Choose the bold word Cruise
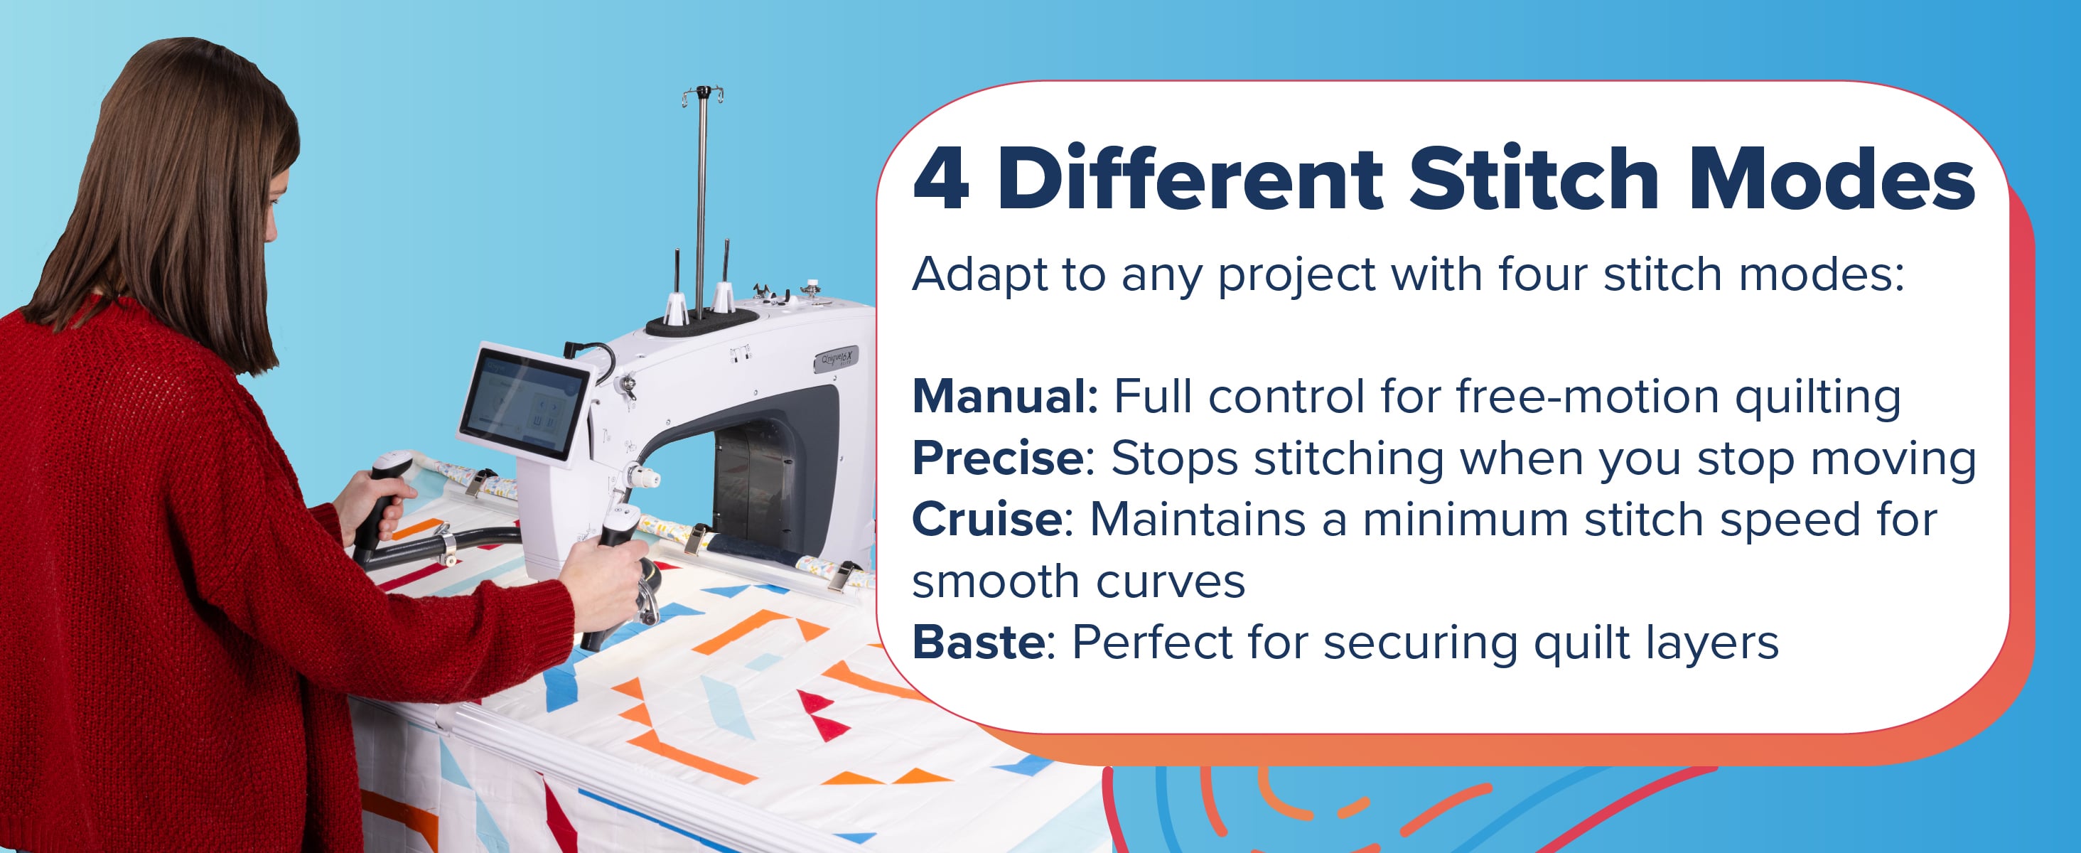point(987,520)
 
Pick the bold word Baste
point(978,643)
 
